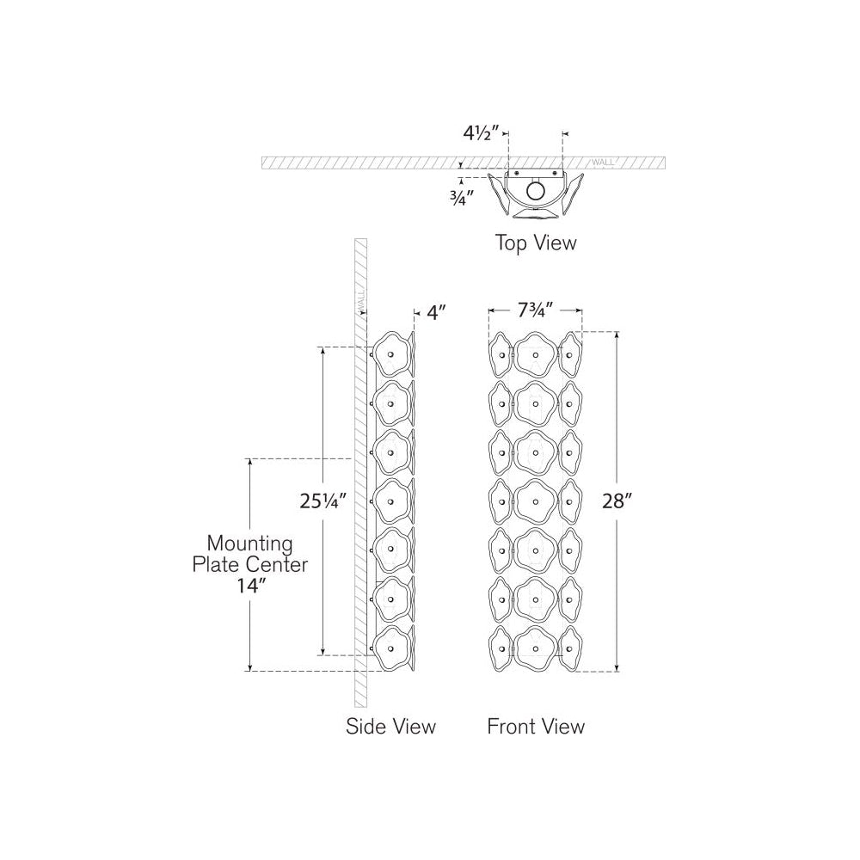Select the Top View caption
coord(535,243)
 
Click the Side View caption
coord(390,726)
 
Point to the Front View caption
coord(536,726)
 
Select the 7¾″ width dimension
coord(535,311)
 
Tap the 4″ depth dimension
coord(438,313)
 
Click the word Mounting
coord(250,544)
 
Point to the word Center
coord(280,565)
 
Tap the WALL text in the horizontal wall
coord(604,162)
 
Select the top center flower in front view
coord(535,353)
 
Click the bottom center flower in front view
coord(535,648)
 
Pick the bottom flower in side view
coord(391,648)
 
